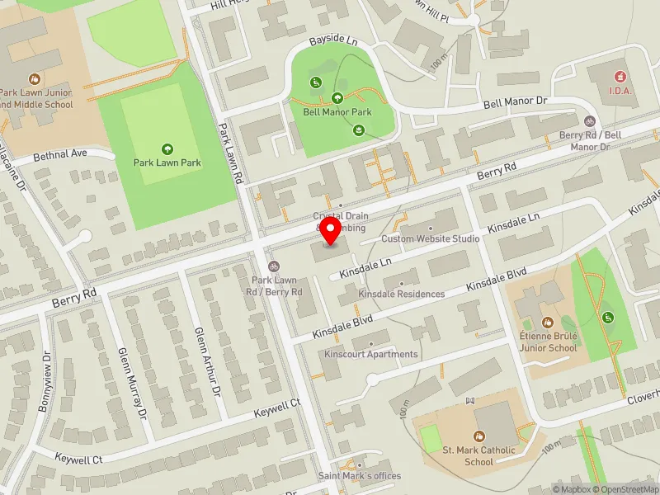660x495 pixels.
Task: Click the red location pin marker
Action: [x=330, y=230]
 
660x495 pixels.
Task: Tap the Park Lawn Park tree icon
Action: [x=167, y=149]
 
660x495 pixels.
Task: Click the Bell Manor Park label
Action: [x=337, y=111]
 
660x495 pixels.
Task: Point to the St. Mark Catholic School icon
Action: [x=478, y=436]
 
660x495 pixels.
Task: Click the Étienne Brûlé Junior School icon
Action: [x=545, y=323]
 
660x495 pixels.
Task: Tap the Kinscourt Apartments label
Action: [x=371, y=355]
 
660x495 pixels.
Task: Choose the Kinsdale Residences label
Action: [x=401, y=294]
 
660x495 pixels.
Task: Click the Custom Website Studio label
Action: [x=430, y=239]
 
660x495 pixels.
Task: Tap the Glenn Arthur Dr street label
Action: [x=206, y=359]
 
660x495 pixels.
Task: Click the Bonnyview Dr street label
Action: [x=45, y=384]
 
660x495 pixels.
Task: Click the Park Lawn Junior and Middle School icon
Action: [x=35, y=79]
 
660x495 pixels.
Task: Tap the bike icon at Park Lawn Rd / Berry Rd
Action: [x=274, y=266]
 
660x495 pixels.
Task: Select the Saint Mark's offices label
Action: [x=360, y=476]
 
